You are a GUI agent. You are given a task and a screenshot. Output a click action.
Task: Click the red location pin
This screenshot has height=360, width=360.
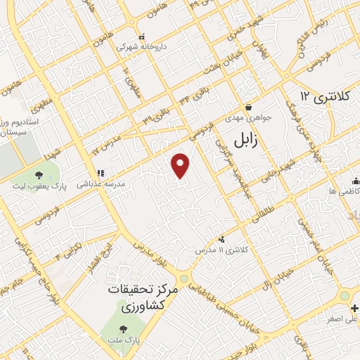click(181, 165)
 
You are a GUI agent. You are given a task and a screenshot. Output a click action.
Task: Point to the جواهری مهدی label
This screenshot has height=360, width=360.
click(238, 118)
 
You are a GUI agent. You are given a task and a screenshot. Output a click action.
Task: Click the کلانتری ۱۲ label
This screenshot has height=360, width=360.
click(322, 95)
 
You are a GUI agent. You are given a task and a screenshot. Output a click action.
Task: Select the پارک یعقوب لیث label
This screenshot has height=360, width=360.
click(46, 189)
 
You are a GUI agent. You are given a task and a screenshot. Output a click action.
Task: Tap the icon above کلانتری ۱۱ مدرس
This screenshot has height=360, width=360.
click(223, 240)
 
